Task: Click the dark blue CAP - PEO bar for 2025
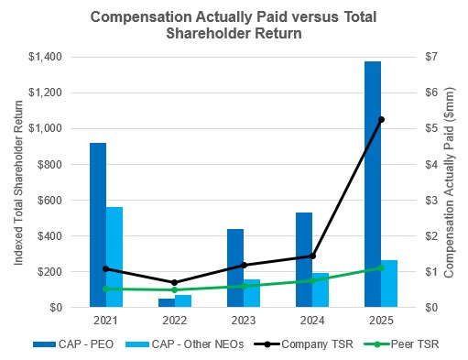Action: (373, 184)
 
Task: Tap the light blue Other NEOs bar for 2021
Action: (114, 257)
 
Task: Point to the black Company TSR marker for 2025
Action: (382, 120)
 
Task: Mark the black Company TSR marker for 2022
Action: (175, 282)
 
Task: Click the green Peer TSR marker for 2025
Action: (382, 267)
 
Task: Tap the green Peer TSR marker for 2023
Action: (244, 286)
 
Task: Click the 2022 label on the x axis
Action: (175, 320)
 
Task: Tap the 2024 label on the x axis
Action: (312, 320)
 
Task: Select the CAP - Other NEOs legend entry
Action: (184, 344)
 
